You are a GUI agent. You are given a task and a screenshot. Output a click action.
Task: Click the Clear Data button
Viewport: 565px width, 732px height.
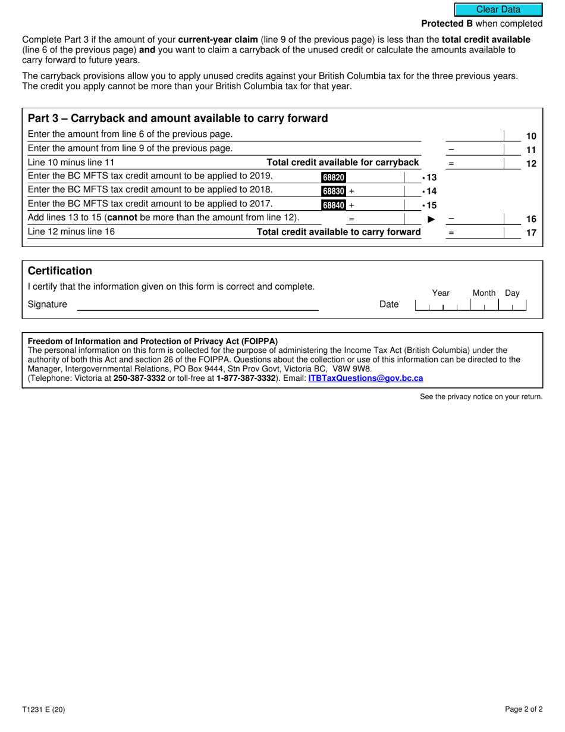498,10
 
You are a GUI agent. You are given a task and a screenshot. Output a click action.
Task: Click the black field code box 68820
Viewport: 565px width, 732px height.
333,177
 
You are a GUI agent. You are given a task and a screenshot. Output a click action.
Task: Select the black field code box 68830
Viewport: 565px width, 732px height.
333,191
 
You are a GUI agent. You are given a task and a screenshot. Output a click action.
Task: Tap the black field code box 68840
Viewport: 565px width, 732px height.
333,205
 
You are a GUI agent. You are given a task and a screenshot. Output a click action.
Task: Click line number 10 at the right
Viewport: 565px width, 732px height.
531,136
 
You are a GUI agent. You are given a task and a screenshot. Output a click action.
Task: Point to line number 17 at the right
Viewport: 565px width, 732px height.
531,233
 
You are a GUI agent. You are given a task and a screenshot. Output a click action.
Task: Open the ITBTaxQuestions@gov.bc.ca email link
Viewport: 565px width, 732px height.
365,378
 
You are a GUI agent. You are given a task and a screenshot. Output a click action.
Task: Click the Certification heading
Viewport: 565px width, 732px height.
60,271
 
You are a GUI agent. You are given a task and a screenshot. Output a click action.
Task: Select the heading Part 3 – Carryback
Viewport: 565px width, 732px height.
178,118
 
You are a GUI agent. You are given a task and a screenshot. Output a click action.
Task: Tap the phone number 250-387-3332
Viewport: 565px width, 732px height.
139,378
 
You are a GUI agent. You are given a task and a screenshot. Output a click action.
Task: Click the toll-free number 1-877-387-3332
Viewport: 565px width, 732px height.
246,378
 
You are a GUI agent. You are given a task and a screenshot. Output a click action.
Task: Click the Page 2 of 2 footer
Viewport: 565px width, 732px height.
523,709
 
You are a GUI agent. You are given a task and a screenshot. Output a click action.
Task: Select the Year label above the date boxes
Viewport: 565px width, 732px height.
441,293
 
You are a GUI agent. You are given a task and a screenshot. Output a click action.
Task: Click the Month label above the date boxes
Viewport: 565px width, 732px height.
484,293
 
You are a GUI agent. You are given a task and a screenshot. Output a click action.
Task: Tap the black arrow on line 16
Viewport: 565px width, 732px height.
432,219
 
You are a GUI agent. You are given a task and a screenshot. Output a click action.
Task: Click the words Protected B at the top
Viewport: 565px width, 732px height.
447,24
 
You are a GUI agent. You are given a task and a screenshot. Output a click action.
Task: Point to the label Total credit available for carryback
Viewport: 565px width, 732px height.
343,162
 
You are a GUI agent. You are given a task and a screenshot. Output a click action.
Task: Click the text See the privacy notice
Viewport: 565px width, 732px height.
481,397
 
